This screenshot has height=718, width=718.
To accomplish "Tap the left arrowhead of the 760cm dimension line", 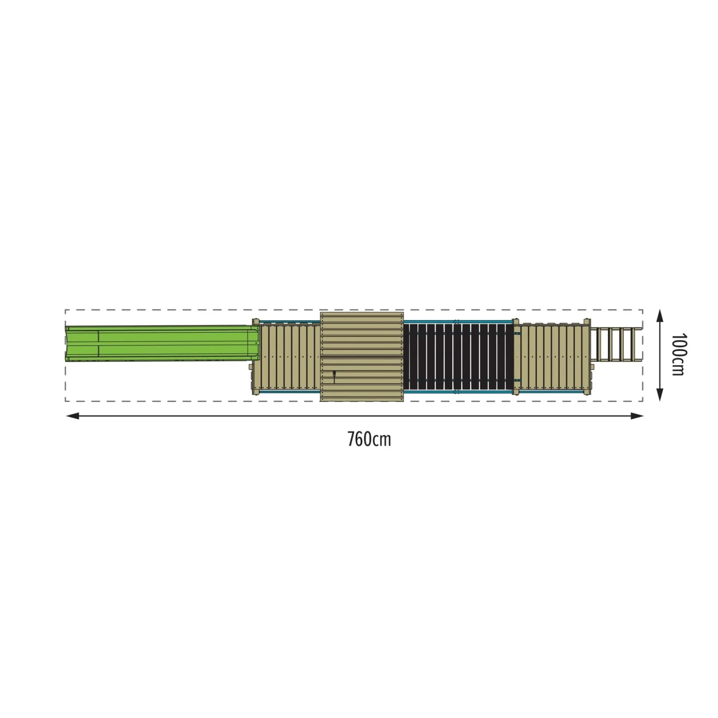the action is point(72,415).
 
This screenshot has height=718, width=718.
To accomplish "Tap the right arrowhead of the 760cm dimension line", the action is point(637,415).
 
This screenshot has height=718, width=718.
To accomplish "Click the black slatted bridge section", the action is point(459,356).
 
